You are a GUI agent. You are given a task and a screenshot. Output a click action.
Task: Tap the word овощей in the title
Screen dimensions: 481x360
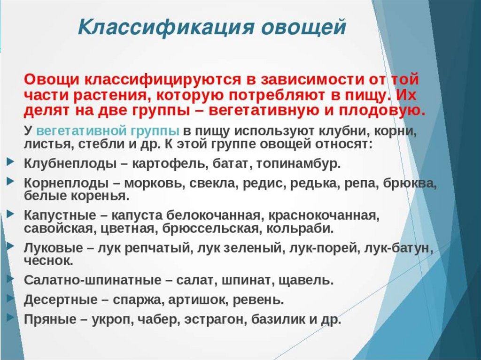coord(304,27)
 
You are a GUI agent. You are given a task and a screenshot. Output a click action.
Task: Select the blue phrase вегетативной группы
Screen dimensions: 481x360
coord(108,131)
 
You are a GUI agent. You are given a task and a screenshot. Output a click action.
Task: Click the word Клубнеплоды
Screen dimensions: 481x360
coord(70,164)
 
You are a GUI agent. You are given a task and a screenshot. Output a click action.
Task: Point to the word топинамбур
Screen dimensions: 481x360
coord(298,164)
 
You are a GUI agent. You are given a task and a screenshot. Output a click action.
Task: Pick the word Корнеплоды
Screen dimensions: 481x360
coord(66,183)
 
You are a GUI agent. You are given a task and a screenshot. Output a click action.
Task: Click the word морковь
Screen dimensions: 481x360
coord(154,183)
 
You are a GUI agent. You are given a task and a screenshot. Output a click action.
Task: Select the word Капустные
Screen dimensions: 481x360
coord(60,215)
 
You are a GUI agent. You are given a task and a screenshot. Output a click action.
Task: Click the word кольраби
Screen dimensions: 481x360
coord(299,229)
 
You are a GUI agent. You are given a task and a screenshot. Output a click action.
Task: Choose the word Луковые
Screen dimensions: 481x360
coord(54,248)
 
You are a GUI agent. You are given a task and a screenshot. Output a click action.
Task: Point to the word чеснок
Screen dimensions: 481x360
coord(48,261)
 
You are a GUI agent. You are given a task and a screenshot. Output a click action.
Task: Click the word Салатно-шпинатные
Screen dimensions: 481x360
coord(93,280)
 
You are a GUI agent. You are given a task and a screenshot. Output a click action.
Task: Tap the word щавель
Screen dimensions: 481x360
coord(305,280)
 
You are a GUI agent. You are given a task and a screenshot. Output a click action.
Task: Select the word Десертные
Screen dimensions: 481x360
coord(61,299)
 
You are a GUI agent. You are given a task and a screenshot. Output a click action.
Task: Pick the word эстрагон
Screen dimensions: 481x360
coord(215,320)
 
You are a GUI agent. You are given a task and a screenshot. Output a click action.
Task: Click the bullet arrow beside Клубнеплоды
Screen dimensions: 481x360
coord(10,161)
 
